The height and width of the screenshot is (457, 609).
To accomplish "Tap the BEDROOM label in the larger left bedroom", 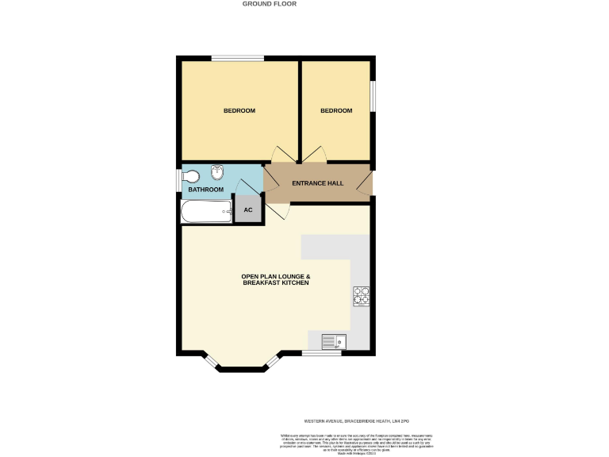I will (x=239, y=111).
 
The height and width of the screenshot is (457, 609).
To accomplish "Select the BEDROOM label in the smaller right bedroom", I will (x=336, y=111).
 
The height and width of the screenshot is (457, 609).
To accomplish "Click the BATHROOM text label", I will (x=205, y=190).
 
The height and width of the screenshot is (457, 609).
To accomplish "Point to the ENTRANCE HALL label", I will (x=318, y=183).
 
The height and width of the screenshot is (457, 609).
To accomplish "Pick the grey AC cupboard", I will (x=247, y=210).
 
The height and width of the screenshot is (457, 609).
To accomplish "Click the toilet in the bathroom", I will (x=190, y=177).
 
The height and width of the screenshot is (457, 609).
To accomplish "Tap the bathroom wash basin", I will (x=217, y=173).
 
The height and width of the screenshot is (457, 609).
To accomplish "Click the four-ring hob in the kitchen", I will (x=362, y=295).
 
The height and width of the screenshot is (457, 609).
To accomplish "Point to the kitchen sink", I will (x=334, y=342).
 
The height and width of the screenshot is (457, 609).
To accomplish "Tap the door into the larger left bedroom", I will (x=282, y=155).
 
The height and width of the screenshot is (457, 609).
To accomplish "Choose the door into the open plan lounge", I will (x=278, y=212).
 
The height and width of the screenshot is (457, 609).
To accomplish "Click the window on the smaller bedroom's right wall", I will (x=373, y=98).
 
